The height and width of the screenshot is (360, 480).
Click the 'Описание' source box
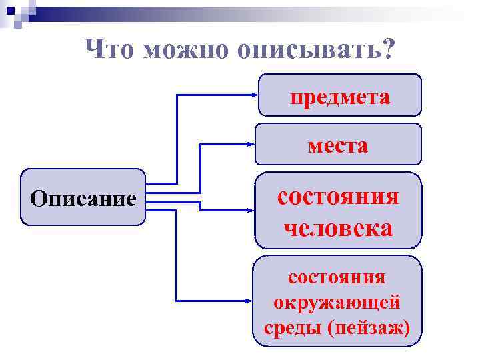[x=83, y=198]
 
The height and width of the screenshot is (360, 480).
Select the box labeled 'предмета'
[x=339, y=96]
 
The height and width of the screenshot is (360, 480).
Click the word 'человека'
[x=338, y=228]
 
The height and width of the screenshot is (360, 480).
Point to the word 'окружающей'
[x=337, y=302]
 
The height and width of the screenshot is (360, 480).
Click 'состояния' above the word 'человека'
[x=338, y=197]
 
